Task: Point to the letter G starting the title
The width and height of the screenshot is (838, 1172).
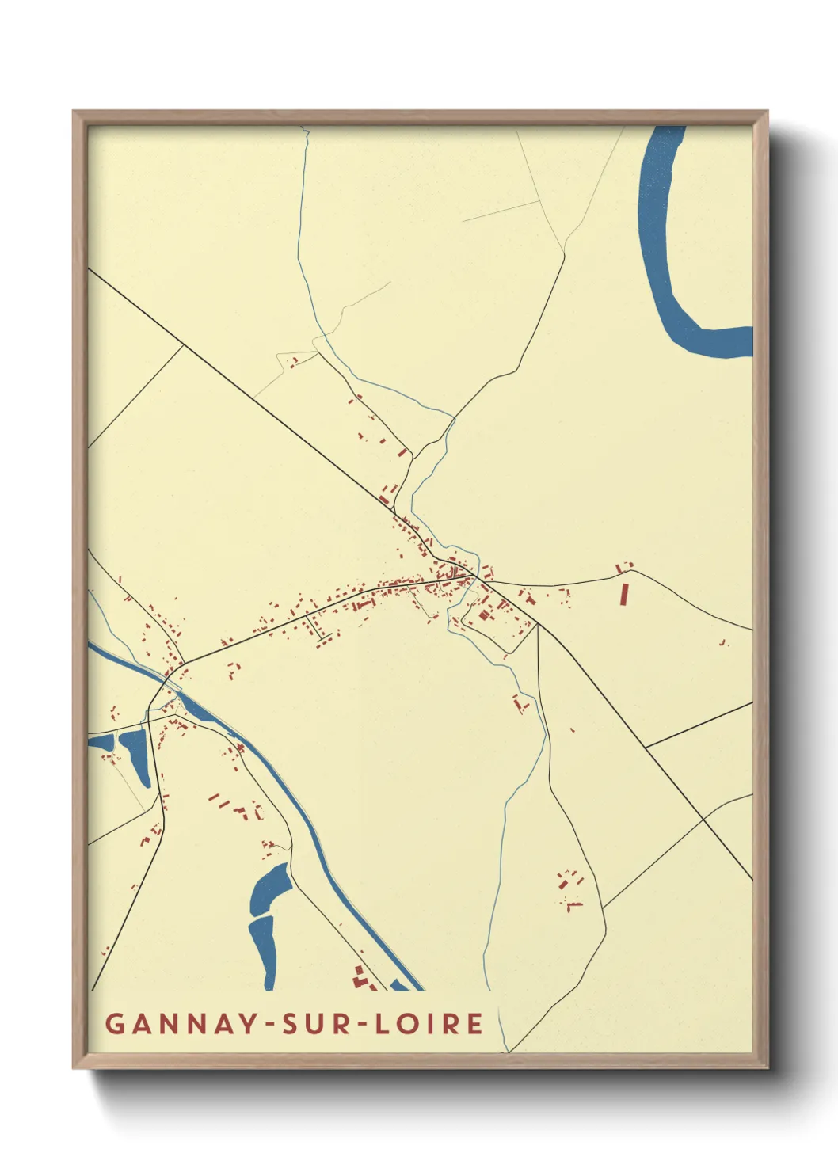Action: click(114, 1024)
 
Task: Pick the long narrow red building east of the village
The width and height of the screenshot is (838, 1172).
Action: click(623, 594)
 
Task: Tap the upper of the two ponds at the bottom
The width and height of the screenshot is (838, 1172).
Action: click(271, 885)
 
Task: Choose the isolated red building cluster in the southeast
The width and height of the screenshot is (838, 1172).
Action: click(569, 887)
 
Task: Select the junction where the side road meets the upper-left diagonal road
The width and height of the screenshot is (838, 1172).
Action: click(184, 344)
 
